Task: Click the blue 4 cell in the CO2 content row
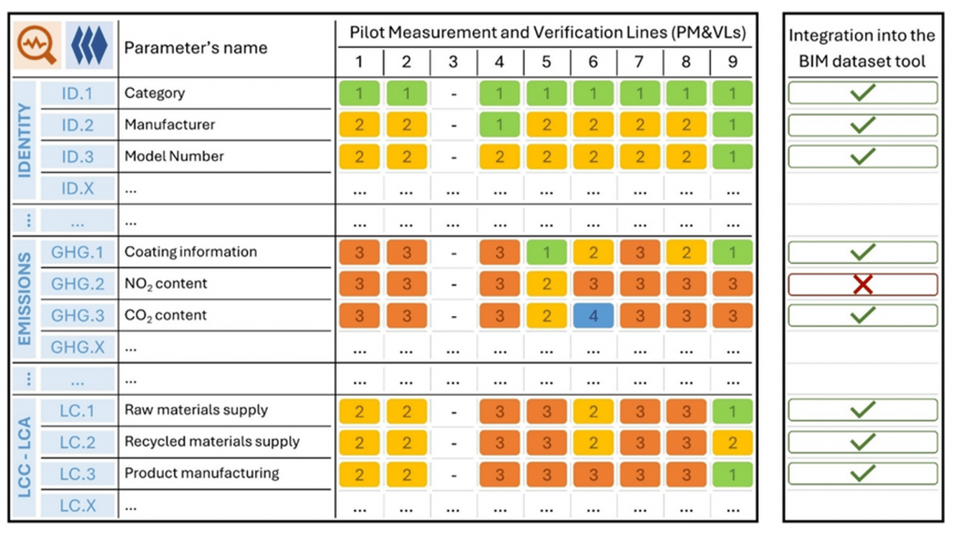593,315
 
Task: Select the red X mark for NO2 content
863,284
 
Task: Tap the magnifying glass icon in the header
36,48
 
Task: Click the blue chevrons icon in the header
90,48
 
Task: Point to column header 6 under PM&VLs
593,62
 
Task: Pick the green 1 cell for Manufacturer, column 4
500,124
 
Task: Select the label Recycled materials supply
211,441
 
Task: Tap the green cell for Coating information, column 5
546,252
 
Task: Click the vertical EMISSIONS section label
23,298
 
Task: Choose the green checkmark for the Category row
863,93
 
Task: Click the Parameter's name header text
196,48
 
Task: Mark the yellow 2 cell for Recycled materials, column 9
733,442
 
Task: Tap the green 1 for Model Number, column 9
733,156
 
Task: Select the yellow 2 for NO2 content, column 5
546,284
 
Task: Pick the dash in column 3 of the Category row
453,94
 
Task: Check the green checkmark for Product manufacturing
863,473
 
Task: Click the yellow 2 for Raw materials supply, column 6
593,410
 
